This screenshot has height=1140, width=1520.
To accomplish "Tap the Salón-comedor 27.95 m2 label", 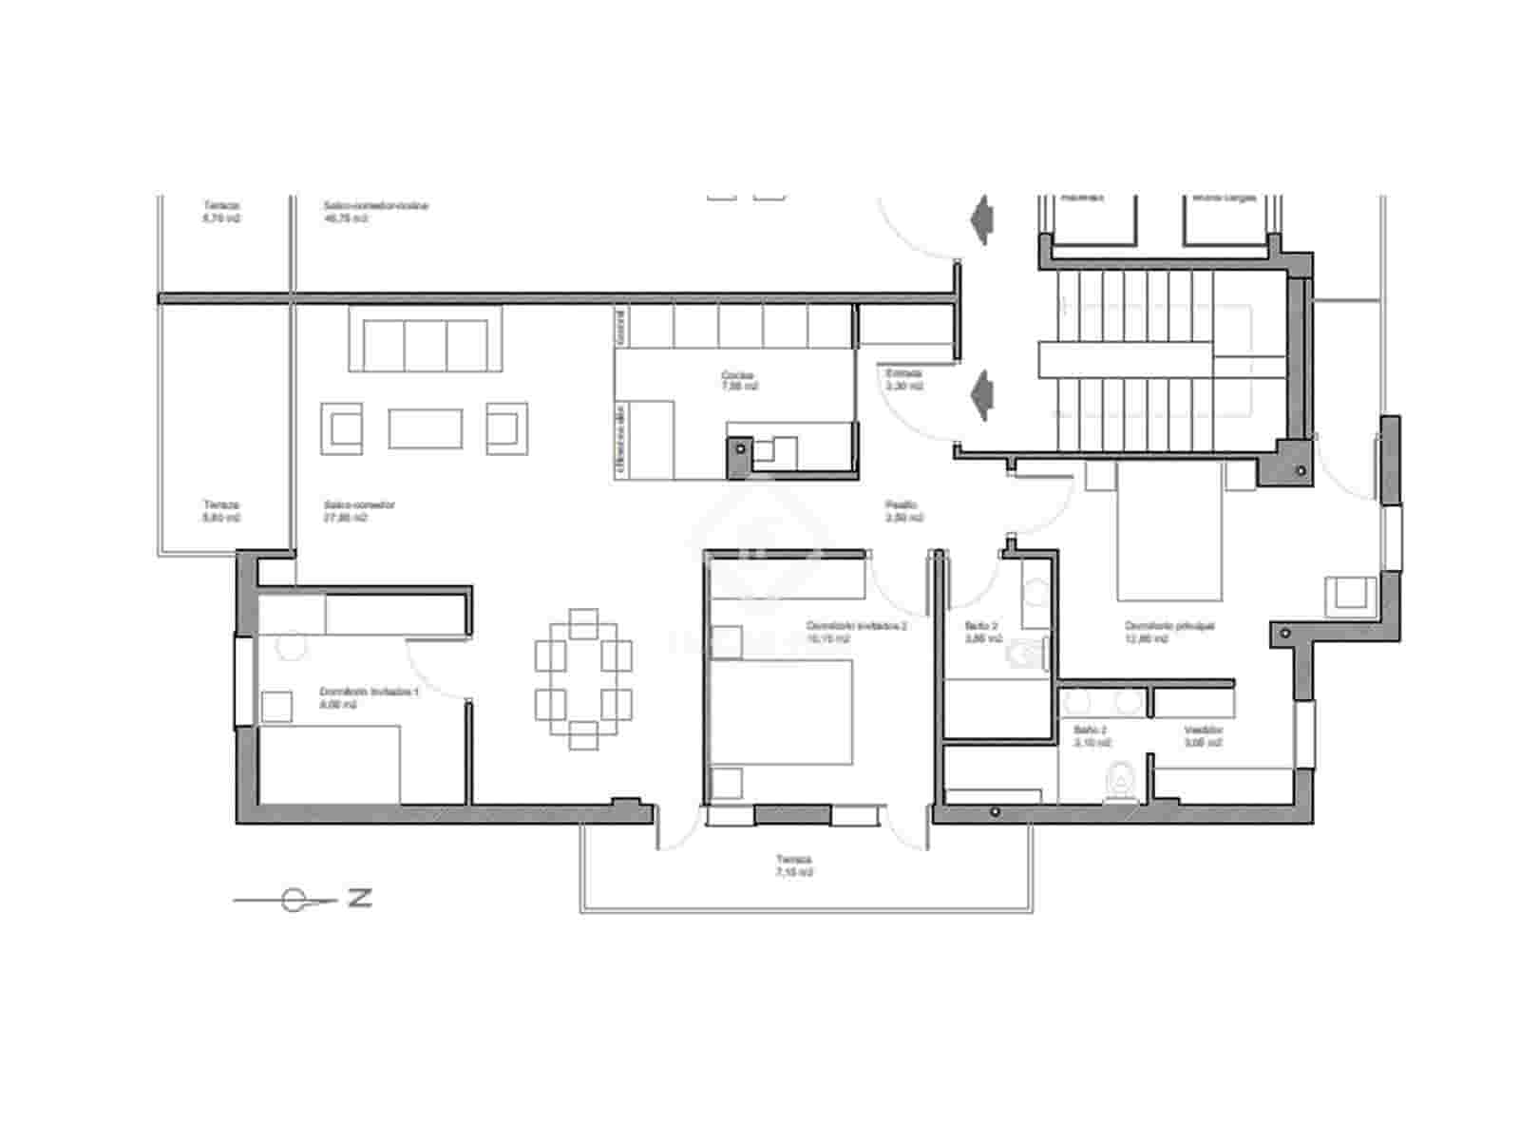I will coord(358,511).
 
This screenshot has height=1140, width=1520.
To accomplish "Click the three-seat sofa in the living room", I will coord(425,338).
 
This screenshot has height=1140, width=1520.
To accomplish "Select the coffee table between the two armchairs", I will coord(425,428).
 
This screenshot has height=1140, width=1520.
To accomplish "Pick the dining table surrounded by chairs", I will coord(583,678).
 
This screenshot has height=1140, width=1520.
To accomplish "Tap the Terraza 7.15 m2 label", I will coord(793,865).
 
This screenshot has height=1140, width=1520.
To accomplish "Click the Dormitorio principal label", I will coord(1168,632).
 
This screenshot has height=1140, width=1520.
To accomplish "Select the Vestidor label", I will coord(1203,736).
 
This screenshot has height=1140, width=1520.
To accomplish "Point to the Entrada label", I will coord(903,380).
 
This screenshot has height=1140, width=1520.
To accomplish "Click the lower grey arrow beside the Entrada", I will coord(980,395).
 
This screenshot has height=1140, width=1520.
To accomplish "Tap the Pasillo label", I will coord(902,511).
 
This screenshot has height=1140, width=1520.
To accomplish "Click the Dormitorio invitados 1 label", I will coord(369,698).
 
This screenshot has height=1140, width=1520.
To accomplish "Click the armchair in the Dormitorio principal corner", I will coord(1350,594).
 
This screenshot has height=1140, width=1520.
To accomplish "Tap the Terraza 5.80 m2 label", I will coord(220,511).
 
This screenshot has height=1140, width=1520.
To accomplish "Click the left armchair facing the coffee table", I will coord(342,427).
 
